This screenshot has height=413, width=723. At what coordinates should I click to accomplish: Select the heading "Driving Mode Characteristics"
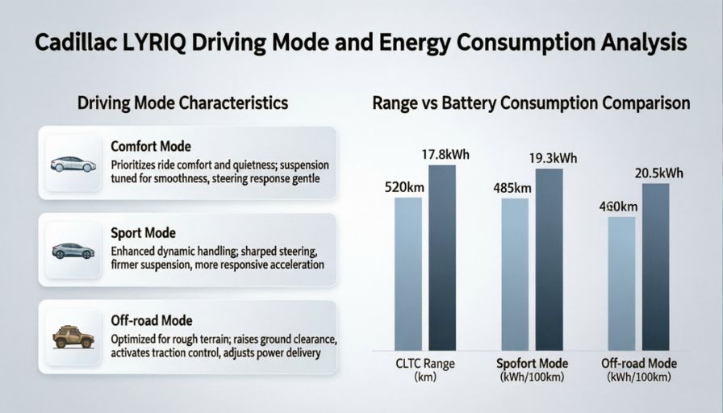[x=182, y=103]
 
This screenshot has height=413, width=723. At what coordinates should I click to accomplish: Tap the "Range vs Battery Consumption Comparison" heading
[x=531, y=103]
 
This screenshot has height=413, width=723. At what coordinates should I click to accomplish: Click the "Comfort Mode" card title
[x=151, y=147]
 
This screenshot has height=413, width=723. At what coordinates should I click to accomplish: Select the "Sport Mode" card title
[x=143, y=233]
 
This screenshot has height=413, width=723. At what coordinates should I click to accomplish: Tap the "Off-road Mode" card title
[x=151, y=320]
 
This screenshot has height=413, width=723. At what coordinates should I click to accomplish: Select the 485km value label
[x=512, y=188]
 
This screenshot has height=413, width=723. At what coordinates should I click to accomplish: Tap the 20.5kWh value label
[x=658, y=173]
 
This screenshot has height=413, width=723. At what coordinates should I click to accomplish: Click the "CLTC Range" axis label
[x=425, y=364]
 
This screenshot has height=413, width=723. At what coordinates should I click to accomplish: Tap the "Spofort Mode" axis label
[x=531, y=364]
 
